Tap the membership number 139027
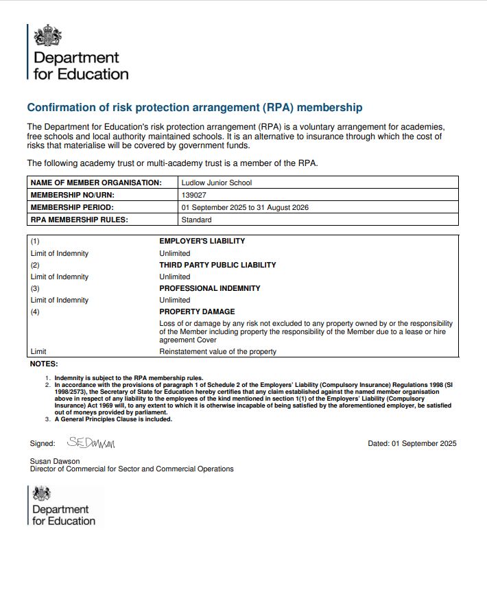(193, 195)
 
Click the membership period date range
(245, 207)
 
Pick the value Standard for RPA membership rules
(196, 220)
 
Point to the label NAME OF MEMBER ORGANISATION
(96, 182)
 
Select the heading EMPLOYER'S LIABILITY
(202, 241)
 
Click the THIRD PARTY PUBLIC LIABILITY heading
(217, 265)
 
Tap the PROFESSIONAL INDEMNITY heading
(210, 288)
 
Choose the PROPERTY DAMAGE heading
(197, 311)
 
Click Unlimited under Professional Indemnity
(175, 300)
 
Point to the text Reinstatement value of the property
(217, 352)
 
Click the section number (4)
(36, 311)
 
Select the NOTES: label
(44, 364)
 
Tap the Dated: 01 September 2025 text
(412, 443)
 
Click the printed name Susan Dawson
(55, 461)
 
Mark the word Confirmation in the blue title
(59, 108)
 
